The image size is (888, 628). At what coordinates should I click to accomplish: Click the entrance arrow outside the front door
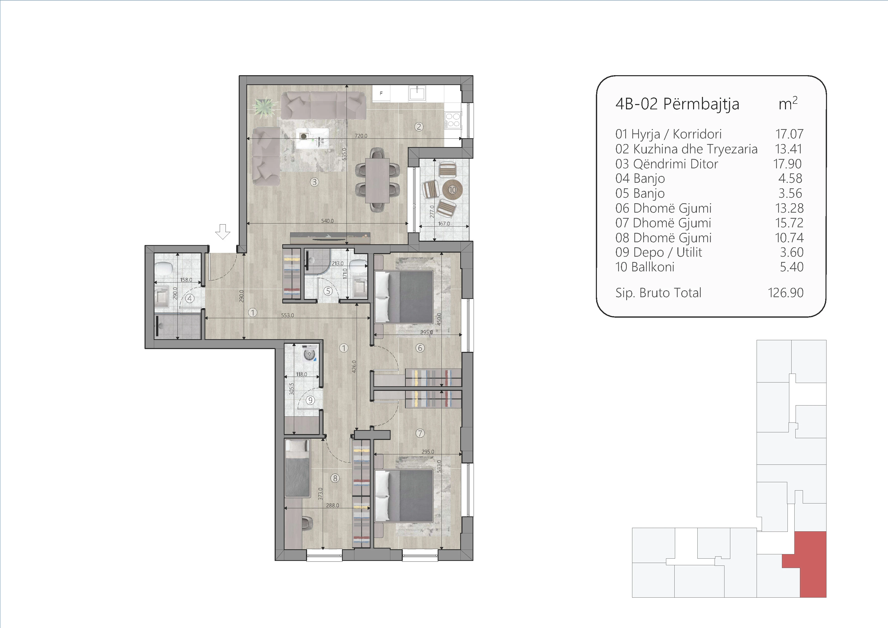click(x=223, y=232)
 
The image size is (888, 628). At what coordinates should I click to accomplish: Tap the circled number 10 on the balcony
click(x=453, y=190)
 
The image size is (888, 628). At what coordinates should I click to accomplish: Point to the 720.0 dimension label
click(x=361, y=136)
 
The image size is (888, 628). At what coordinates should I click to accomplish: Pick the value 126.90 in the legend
click(x=785, y=293)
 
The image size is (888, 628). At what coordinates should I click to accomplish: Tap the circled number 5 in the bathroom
click(x=328, y=291)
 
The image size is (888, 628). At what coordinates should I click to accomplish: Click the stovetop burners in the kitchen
click(x=453, y=120)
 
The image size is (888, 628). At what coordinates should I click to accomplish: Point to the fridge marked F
click(x=381, y=94)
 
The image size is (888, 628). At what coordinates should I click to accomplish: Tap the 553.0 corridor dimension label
click(x=287, y=315)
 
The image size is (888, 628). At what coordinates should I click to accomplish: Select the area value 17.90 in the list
click(x=788, y=164)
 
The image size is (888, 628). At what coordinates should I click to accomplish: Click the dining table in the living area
click(x=377, y=180)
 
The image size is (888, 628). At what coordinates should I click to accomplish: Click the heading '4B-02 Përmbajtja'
click(x=677, y=104)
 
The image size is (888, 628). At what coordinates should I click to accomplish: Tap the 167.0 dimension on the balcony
click(x=444, y=224)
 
